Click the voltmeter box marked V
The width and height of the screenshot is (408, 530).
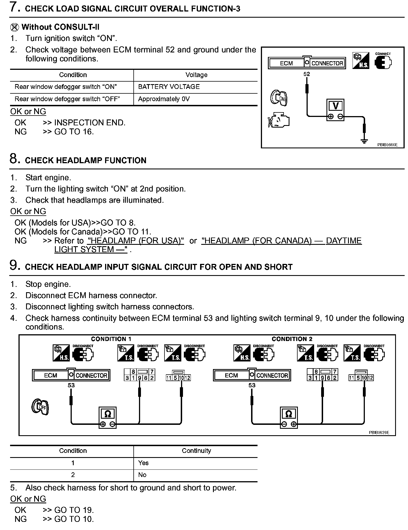point(335,110)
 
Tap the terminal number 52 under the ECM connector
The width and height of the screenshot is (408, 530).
point(307,74)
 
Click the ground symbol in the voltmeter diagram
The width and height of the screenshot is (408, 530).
point(364,141)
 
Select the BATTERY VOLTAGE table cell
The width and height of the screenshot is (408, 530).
point(169,87)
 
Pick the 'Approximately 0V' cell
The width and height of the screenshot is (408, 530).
point(164,99)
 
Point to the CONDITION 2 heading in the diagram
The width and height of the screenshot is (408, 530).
point(292,339)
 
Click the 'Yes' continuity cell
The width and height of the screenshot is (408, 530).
point(143,463)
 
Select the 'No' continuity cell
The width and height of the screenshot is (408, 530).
point(142,475)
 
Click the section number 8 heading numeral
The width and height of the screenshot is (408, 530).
point(15,159)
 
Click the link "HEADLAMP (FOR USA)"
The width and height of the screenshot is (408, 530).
point(136,241)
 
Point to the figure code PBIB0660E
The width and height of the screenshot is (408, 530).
point(387,145)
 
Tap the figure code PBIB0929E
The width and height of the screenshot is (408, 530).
point(379,432)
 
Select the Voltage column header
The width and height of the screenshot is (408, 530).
point(196,75)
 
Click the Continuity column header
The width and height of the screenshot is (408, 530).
point(196,451)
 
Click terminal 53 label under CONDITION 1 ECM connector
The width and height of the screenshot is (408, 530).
point(71,385)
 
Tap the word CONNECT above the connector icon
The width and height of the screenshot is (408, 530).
point(383,54)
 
